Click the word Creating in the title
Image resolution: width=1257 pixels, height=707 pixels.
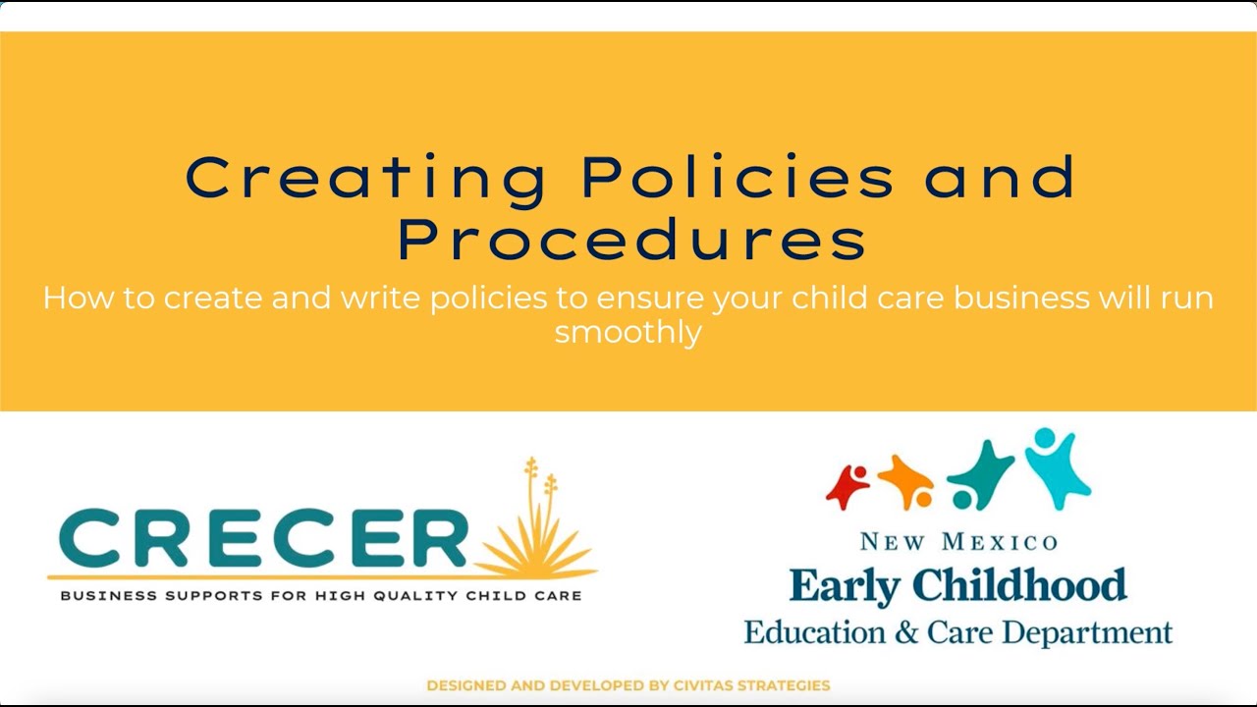(x=365, y=178)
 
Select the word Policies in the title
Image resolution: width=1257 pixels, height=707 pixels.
(x=738, y=178)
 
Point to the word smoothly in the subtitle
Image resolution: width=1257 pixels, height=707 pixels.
(x=628, y=332)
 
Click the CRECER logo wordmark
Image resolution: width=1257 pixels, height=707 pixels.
(x=257, y=539)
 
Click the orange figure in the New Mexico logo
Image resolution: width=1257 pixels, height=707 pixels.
(x=905, y=481)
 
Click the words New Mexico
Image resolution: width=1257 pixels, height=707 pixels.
(x=958, y=542)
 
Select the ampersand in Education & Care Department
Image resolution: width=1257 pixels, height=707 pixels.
(x=905, y=631)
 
